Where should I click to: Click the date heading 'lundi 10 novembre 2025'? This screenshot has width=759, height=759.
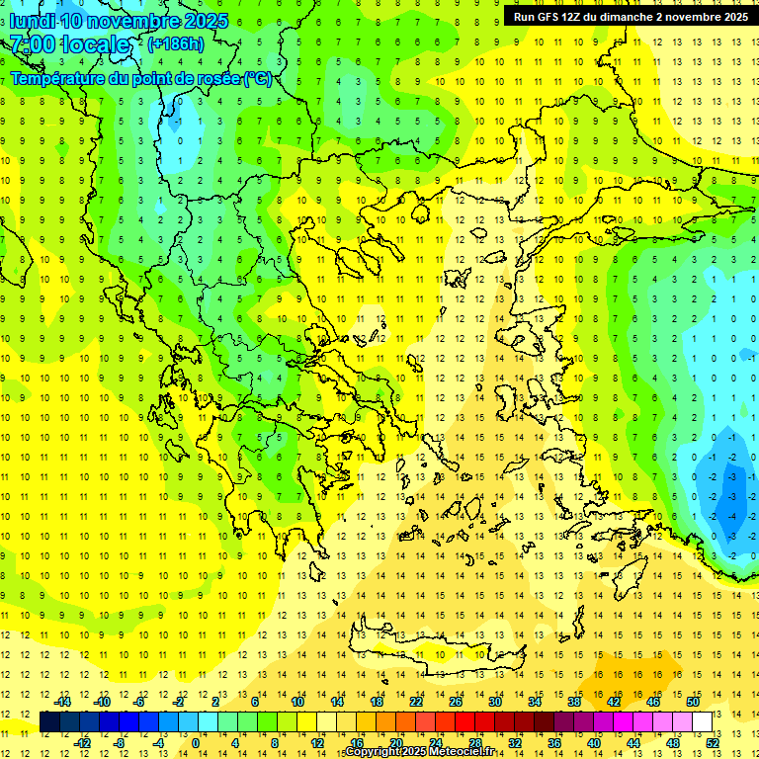[119, 21]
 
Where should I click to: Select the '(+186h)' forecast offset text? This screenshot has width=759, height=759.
[176, 44]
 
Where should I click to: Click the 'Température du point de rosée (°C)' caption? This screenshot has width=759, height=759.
[140, 79]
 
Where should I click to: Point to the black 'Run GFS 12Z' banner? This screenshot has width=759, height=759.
[631, 16]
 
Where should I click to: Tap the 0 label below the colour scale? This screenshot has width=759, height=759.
[196, 743]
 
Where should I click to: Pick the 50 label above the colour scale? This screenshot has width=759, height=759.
[692, 702]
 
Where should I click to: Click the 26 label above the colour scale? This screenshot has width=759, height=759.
[456, 702]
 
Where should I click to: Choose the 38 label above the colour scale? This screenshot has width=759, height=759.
[574, 702]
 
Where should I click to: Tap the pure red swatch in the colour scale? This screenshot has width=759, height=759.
[465, 722]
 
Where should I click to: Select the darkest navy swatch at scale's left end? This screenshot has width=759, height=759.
[50, 722]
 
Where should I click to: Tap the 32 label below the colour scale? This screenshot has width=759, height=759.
[514, 743]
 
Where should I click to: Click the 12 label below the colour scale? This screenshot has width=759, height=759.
[316, 743]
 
